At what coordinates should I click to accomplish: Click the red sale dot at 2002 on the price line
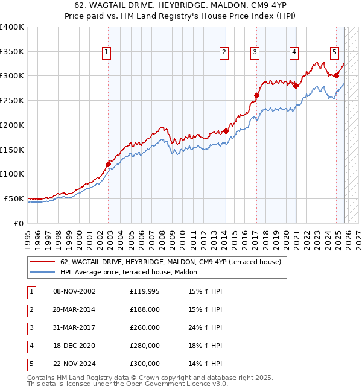coord(109,164)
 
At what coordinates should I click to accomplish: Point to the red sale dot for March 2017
coord(256,95)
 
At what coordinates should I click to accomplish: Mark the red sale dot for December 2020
coord(296,86)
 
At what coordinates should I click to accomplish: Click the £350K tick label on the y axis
coord(12,52)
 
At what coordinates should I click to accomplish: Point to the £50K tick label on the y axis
coord(14,198)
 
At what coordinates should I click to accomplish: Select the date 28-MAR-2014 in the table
coord(74,309)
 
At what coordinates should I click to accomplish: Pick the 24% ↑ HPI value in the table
coord(205,327)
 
